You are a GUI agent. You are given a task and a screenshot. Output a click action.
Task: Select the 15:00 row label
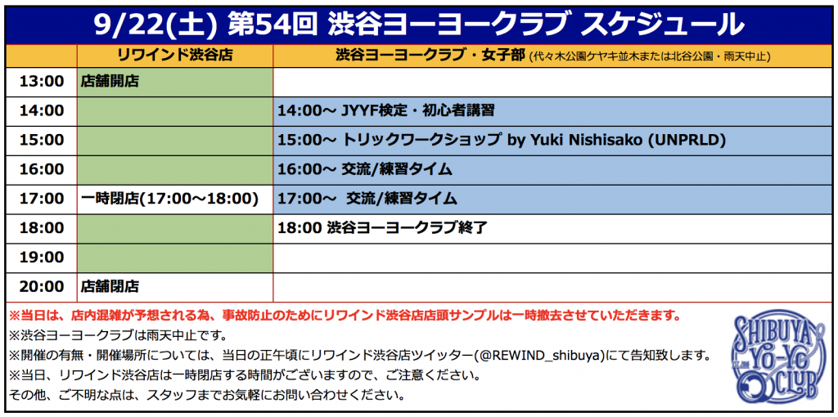(41, 140)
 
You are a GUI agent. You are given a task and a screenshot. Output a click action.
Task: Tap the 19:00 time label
(41, 258)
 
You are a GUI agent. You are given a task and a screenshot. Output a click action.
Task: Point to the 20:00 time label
(41, 287)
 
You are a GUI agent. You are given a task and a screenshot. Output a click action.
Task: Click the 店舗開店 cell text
(110, 81)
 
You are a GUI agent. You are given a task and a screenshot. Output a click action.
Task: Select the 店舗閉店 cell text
(110, 287)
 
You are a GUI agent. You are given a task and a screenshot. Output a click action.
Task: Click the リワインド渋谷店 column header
(175, 55)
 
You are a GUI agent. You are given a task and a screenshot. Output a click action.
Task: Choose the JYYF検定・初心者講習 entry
(417, 111)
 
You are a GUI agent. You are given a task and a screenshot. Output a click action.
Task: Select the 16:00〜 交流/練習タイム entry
(365, 169)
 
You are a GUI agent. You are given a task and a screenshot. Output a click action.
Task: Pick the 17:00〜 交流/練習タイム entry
(367, 199)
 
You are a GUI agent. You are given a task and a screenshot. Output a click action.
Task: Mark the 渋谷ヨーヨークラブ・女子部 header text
(430, 55)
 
